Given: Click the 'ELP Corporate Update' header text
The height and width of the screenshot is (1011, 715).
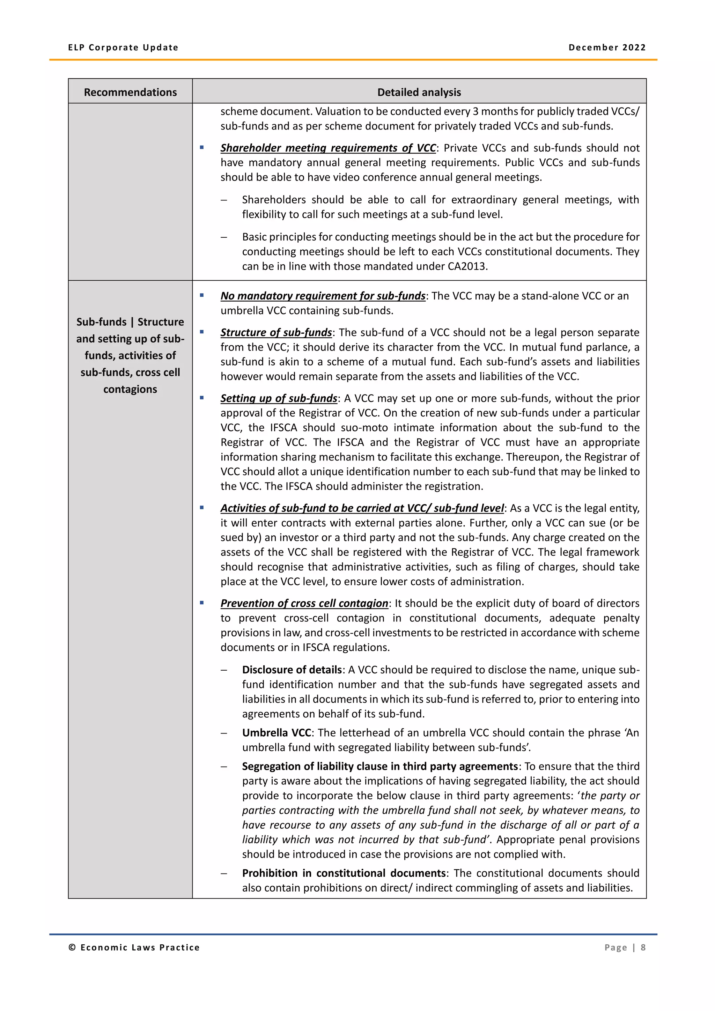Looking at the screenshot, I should tap(123, 47).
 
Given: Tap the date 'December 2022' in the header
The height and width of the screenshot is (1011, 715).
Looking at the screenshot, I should tap(607, 47).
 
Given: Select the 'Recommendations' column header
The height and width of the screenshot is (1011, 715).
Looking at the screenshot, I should tap(130, 92).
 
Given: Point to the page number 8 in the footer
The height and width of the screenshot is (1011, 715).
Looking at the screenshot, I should tap(643, 947).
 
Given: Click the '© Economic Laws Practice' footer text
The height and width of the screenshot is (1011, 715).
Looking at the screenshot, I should tap(134, 947).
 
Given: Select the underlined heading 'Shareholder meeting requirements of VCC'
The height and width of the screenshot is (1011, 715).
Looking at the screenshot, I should tap(328, 148).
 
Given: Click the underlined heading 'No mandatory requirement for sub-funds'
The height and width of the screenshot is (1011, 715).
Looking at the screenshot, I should tap(323, 296).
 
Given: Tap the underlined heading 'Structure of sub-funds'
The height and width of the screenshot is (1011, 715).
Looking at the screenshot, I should tap(276, 332).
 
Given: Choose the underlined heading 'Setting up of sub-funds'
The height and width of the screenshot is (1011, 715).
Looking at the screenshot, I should tap(279, 398).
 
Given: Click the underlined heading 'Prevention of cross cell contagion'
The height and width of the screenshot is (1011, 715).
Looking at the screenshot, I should tap(304, 603).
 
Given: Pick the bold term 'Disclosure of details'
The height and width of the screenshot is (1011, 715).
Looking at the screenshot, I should tap(292, 670).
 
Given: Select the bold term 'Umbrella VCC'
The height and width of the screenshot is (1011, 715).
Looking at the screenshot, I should tap(277, 733).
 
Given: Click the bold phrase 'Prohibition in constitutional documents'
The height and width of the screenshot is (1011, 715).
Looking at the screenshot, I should tap(344, 873).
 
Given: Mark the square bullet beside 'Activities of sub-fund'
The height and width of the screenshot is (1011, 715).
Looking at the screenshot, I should tap(202, 508).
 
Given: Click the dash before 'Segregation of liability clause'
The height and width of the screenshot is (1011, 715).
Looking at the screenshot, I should tap(224, 767).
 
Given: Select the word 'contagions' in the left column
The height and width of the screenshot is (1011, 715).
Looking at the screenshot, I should tap(130, 389).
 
